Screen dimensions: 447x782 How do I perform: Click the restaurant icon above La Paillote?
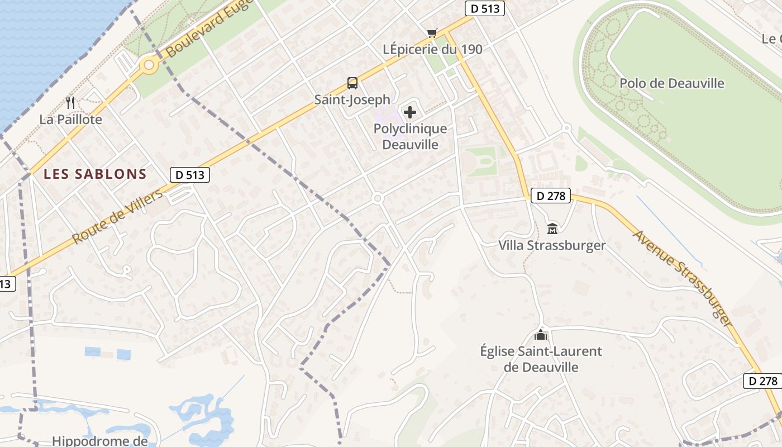pos(70,102)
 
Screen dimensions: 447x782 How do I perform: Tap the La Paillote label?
pos(70,120)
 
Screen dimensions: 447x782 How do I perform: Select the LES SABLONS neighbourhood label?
pos(95,174)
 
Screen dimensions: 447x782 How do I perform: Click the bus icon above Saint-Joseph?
pos(352,83)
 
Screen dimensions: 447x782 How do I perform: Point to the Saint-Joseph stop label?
pos(352,100)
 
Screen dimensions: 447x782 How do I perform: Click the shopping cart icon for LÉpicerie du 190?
pos(432,33)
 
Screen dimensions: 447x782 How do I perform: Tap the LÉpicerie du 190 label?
pos(432,49)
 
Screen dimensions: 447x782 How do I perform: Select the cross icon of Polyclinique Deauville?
pos(410,112)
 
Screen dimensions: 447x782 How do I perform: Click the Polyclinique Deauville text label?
pos(410,136)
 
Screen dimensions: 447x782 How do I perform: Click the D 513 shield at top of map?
pos(485,8)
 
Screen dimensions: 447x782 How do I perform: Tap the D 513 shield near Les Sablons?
pos(190,175)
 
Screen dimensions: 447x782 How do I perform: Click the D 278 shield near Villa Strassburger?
pos(550,196)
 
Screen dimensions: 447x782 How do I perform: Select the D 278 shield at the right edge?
pos(762,381)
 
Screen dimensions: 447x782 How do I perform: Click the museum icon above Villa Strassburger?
pos(552,229)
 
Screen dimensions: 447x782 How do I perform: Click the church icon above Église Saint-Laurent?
pos(540,335)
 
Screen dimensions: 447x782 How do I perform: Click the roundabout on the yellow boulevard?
pos(149,65)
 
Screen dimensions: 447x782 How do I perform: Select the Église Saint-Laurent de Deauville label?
pos(541,359)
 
